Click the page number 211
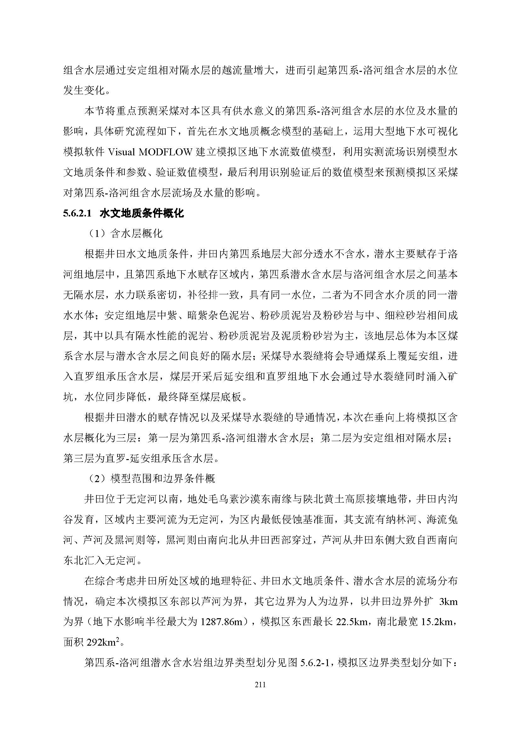[x=260, y=685]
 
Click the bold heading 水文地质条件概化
[x=142, y=213]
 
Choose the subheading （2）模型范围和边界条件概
[x=152, y=479]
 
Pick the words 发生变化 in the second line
[x=84, y=91]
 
